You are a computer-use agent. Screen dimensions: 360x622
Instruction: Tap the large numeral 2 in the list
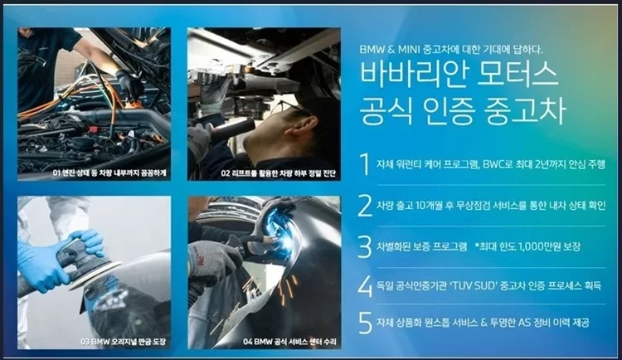(366, 205)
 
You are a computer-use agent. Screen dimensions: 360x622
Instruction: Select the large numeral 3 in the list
(366, 246)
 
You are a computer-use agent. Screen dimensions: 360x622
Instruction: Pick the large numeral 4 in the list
(366, 285)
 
